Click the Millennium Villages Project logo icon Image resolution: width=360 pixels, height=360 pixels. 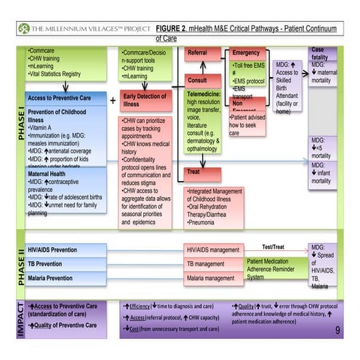click(25, 28)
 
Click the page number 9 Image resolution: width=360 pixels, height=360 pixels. click(337, 330)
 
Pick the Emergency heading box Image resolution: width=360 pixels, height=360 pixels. click(247, 53)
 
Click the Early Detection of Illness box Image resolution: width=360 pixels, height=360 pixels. click(148, 100)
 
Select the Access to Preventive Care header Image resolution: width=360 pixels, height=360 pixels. click(65, 97)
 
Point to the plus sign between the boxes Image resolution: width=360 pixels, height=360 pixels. click(113, 99)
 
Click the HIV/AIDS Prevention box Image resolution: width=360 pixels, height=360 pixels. click(65, 249)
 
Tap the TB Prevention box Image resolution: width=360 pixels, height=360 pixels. click(65, 263)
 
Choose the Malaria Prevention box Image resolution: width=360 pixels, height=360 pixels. click(65, 278)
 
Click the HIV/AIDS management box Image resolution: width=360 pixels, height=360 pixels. click(213, 249)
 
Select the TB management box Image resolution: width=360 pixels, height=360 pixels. click(213, 263)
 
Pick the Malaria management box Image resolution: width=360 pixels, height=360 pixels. click(213, 278)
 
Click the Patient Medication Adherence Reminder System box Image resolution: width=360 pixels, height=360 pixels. click(273, 268)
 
